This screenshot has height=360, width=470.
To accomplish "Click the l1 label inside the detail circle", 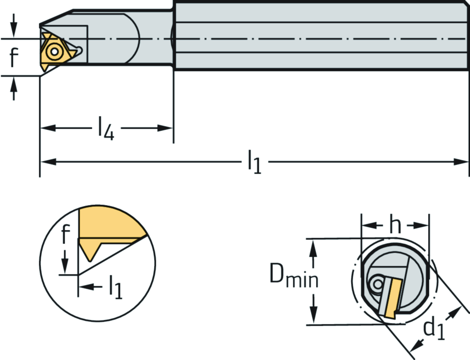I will [115, 288].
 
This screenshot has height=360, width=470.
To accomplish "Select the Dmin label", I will [293, 277].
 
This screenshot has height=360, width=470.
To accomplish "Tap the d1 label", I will [433, 330].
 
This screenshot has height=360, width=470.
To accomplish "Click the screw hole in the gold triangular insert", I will [55, 51].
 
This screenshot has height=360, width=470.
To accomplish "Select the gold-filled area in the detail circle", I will [108, 222].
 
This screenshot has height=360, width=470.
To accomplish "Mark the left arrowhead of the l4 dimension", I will [47, 128].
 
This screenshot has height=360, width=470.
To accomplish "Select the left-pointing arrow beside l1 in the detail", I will [86, 287].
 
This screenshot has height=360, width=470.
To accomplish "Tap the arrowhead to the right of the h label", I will [423, 225].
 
